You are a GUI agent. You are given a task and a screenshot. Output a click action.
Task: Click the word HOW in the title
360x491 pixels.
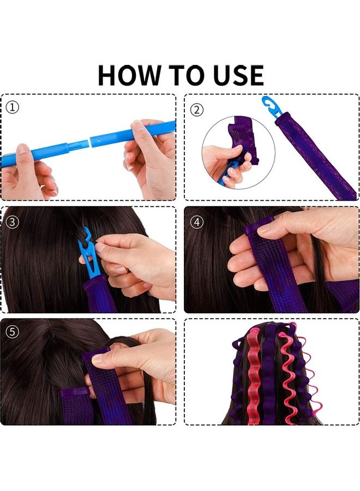(128, 75)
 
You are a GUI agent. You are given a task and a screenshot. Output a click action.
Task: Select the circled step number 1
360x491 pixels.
(13, 107)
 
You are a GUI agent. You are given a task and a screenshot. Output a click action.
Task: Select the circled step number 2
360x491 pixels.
(197, 110)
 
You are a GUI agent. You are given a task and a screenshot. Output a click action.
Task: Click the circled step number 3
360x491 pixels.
(13, 221)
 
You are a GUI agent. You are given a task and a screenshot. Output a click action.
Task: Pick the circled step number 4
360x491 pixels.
(197, 221)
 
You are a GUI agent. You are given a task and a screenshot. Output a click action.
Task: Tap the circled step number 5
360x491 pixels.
(13, 331)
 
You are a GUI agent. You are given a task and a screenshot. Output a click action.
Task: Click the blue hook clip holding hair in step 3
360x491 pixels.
(91, 254)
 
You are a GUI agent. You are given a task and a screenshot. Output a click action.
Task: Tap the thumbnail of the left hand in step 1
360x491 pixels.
(22, 149)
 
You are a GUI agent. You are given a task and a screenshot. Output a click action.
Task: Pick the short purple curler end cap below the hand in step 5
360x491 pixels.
(75, 393)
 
